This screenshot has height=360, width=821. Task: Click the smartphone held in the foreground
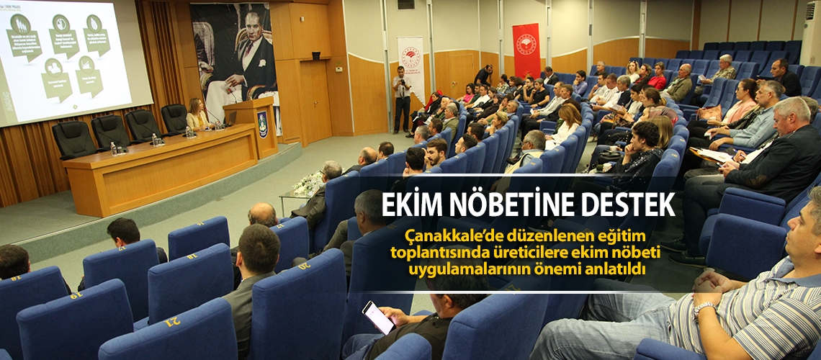point(378,317)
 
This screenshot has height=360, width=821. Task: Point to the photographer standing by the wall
point(402,98)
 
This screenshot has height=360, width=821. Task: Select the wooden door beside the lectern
point(315,101)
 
